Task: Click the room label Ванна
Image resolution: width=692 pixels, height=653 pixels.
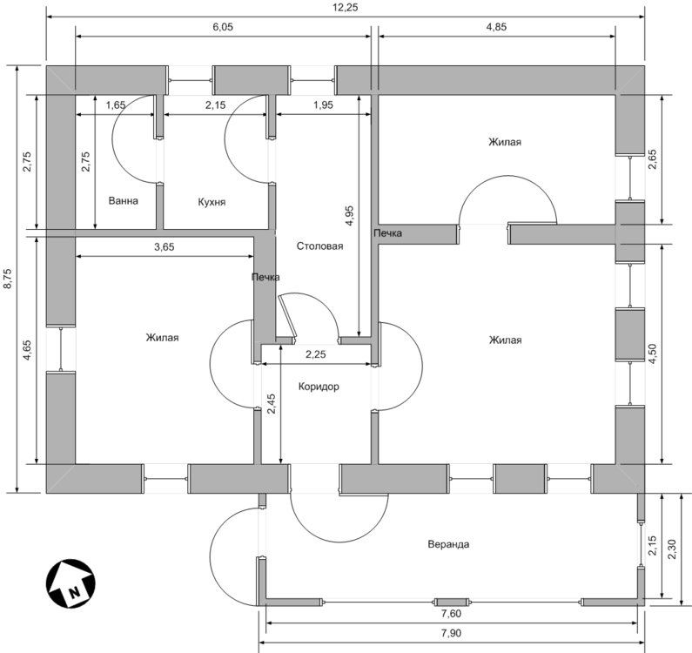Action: pos(123,201)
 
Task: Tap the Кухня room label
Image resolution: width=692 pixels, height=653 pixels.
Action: pos(212,202)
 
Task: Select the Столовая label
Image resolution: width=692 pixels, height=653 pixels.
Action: pos(319,246)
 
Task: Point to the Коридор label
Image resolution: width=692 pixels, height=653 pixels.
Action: pos(319,387)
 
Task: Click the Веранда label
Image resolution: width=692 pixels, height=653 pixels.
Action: pos(448,544)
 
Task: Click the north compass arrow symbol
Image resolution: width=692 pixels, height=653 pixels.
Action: pos(71,582)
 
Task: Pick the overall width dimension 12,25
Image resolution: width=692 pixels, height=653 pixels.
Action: pos(346,8)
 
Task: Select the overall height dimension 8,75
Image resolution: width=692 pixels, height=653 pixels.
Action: pos(8,279)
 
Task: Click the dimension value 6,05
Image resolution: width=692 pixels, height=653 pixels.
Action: pos(223,27)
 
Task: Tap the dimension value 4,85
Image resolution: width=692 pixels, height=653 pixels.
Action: pos(496,27)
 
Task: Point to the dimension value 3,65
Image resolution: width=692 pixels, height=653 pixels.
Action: pos(165,247)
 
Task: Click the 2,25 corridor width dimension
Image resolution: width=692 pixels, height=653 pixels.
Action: pos(316,354)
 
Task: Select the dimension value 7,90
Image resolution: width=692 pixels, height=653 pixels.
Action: pos(451,633)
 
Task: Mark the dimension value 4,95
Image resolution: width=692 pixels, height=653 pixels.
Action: pos(349,216)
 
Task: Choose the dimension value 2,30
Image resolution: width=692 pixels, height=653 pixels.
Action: pos(672,549)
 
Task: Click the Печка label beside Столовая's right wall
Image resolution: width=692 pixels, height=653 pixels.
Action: pos(388,233)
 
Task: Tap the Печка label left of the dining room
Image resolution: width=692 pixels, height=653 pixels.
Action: pos(265,277)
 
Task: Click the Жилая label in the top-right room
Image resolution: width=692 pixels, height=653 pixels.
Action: pos(505,142)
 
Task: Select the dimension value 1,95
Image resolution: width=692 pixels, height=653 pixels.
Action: pos(324,105)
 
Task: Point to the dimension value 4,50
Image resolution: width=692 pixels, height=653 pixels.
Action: pos(652,353)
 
